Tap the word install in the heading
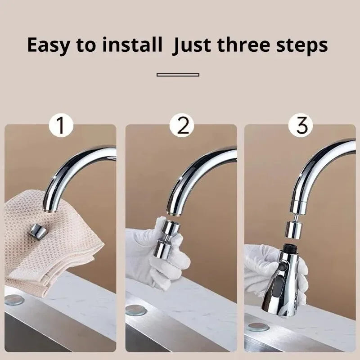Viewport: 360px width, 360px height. [133, 45]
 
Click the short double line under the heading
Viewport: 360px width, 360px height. [178, 75]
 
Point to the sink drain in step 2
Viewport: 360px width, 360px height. [135, 310]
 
